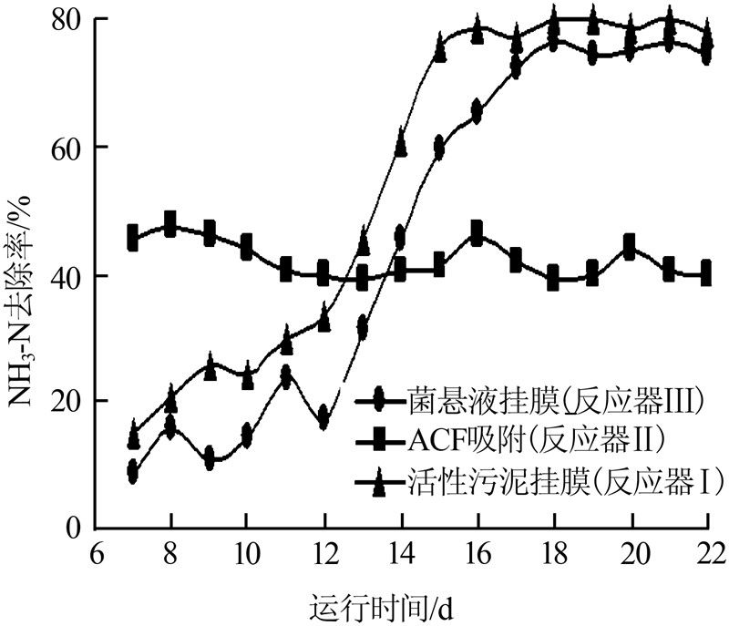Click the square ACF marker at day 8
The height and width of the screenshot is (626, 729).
170,224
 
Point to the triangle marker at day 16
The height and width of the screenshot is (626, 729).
477,29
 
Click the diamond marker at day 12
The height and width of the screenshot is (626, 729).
323,418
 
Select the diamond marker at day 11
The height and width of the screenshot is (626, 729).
285,376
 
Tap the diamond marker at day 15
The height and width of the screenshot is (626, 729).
439,148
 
